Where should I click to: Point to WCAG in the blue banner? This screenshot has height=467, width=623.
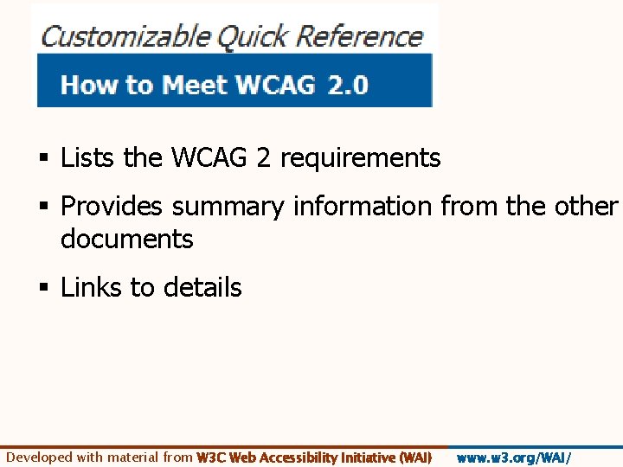click(271, 86)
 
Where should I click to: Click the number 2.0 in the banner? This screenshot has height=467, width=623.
click(348, 86)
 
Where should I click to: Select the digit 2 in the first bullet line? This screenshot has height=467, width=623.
click(263, 158)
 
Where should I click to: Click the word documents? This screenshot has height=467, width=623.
click(126, 239)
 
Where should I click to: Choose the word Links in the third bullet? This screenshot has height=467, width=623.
click(92, 288)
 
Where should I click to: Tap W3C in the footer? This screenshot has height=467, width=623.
click(212, 457)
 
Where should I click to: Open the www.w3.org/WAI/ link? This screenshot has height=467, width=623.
click(514, 457)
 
